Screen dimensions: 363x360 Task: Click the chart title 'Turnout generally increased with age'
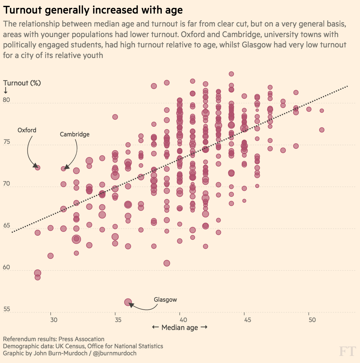coord(93,10)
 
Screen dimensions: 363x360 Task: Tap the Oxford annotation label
coord(27,130)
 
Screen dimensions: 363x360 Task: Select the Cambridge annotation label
coord(75,134)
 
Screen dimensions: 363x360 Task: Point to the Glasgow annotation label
coord(165,300)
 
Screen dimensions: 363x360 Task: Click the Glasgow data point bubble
coord(128,302)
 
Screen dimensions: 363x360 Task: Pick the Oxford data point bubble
coord(37,168)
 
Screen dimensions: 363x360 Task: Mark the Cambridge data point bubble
coord(63,169)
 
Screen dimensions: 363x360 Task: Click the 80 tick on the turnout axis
coord(6,100)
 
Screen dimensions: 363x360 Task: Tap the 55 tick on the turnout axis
coord(6,309)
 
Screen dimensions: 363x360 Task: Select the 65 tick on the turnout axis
coord(6,226)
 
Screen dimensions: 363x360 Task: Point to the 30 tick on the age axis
coord(54,320)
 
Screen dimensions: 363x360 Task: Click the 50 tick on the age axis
coord(312,320)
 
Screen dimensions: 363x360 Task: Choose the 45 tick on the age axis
coord(247,320)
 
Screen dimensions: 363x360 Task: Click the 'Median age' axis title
coord(180,328)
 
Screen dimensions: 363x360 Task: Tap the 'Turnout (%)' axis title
coord(22,83)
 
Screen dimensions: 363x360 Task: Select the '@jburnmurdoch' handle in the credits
coord(115,353)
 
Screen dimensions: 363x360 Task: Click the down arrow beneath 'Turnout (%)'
coord(6,90)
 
